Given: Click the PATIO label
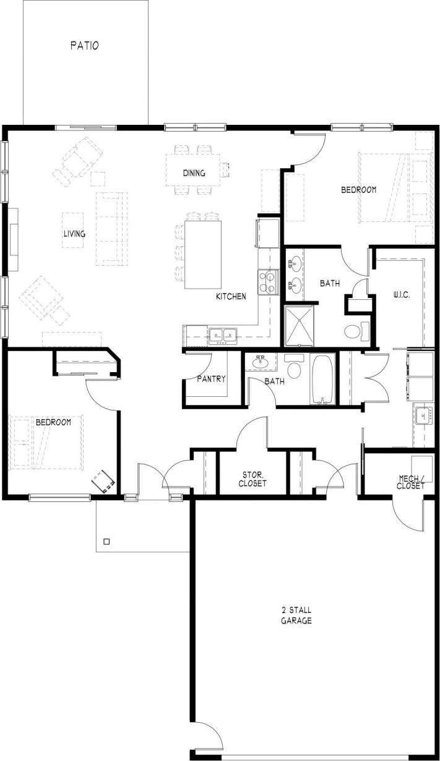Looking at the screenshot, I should tap(85, 45).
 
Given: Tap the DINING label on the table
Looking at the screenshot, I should tap(194, 172).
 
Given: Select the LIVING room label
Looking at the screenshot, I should tap(74, 234).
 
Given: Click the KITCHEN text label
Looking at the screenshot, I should tap(231, 297).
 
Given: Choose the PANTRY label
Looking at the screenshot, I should tap(211, 379).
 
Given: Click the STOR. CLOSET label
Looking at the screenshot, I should tap(252, 479).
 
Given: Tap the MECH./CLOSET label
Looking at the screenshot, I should tap(411, 482).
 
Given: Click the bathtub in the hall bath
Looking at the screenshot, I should tap(323, 379).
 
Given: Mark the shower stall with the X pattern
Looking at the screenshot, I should tap(300, 325).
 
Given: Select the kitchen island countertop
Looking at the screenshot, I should tap(204, 253).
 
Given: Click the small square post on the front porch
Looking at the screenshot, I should tap(106, 542).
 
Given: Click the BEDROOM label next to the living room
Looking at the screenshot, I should tap(53, 422).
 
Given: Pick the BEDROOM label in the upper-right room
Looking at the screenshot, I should tap(358, 190).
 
